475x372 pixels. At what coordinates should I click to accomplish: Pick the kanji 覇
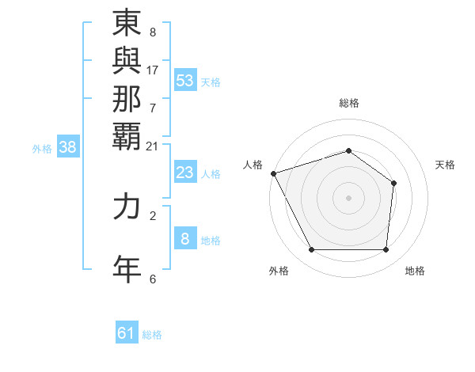pyautogui.click(x=127, y=135)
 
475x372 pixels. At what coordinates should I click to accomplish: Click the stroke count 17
pyautogui.click(x=153, y=70)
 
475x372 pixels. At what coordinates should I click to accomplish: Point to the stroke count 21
pyautogui.click(x=153, y=145)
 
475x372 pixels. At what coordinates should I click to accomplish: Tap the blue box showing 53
pyautogui.click(x=185, y=81)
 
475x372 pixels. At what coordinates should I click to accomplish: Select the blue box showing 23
pyautogui.click(x=185, y=173)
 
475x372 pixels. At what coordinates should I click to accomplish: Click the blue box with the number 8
pyautogui.click(x=185, y=239)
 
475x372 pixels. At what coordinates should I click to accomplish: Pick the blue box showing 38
pyautogui.click(x=68, y=146)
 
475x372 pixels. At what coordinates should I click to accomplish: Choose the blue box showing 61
pyautogui.click(x=126, y=333)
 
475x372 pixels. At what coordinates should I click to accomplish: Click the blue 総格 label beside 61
pyautogui.click(x=152, y=335)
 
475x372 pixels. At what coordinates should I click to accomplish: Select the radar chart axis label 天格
pyautogui.click(x=445, y=165)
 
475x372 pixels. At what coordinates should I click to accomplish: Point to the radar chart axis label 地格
pyautogui.click(x=415, y=271)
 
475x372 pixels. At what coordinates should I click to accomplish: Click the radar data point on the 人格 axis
pyautogui.click(x=273, y=173)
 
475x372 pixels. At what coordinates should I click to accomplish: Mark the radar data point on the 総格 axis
pyautogui.click(x=348, y=150)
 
